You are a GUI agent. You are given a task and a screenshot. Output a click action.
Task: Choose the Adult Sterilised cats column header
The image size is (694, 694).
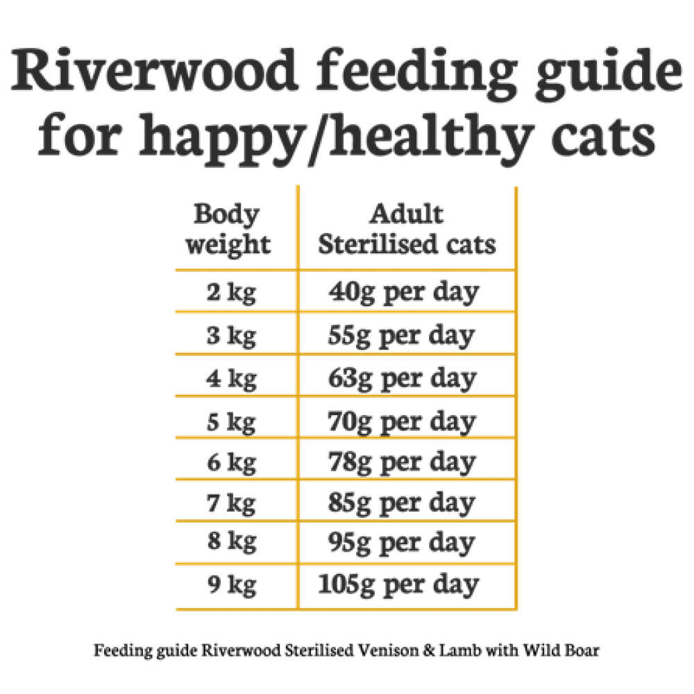click(x=407, y=229)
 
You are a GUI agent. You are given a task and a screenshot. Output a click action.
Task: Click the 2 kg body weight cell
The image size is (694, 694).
click(x=230, y=292)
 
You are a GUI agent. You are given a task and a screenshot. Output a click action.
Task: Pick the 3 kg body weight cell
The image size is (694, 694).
click(x=230, y=336)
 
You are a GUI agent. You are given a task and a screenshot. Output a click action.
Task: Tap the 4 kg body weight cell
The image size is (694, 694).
click(x=230, y=378)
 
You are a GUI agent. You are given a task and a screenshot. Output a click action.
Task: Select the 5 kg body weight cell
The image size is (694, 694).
click(x=230, y=421)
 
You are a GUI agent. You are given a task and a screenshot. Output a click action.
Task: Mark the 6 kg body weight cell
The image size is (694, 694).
click(x=230, y=462)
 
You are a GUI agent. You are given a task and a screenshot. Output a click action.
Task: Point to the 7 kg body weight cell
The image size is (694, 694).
click(x=230, y=502)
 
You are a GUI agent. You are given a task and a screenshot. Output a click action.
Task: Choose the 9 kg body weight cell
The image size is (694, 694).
click(x=230, y=585)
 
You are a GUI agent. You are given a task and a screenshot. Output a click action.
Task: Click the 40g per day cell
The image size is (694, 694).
click(x=404, y=292)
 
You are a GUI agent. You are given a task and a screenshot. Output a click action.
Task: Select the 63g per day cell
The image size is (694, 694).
click(x=403, y=378)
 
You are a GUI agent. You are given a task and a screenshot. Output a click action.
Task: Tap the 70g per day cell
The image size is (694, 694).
click(x=403, y=421)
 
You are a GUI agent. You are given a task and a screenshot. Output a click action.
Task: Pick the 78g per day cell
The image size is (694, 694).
click(x=403, y=462)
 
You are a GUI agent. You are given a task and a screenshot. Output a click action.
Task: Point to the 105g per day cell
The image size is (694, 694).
click(x=398, y=585)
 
